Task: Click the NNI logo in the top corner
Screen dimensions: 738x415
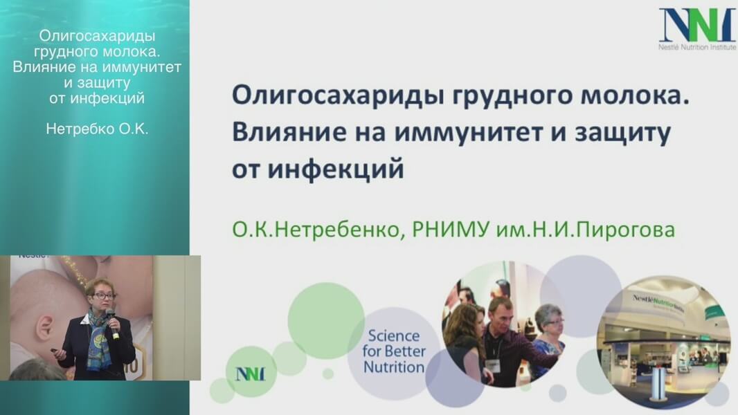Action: pyautogui.click(x=697, y=28)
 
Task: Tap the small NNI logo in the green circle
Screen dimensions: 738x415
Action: pyautogui.click(x=250, y=374)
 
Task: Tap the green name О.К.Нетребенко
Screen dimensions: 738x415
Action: pyautogui.click(x=316, y=230)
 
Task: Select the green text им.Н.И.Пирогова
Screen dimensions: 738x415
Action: pyautogui.click(x=586, y=230)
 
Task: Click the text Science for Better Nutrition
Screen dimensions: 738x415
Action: pyautogui.click(x=393, y=351)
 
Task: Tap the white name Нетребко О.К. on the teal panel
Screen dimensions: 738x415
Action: pyautogui.click(x=97, y=129)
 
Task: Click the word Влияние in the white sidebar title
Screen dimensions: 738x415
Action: pyautogui.click(x=39, y=67)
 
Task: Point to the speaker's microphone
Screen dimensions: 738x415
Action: pyautogui.click(x=112, y=324)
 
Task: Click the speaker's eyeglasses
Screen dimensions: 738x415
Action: pyautogui.click(x=104, y=296)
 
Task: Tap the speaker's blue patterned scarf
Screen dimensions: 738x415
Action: pyautogui.click(x=100, y=338)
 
